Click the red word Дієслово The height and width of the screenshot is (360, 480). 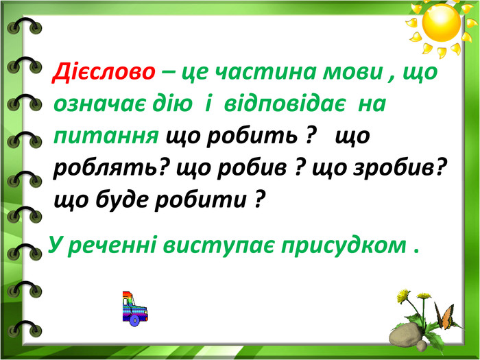click(104, 72)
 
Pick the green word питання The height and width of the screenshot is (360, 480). click(106, 137)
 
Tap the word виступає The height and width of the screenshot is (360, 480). click(218, 246)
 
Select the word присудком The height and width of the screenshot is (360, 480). click(344, 246)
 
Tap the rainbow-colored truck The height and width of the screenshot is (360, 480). click(134, 309)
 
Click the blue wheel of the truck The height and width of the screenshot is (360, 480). click(134, 320)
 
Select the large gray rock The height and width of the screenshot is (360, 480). click(405, 335)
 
